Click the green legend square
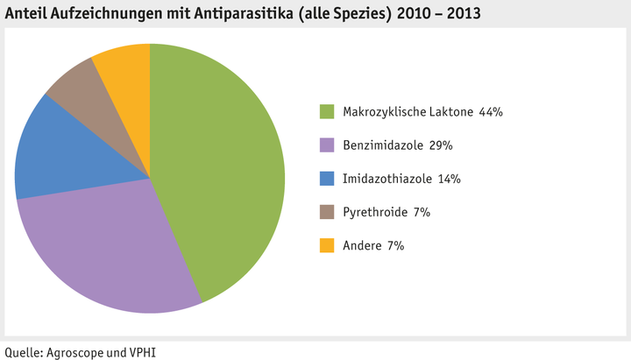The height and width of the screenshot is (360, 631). pyautogui.click(x=327, y=111)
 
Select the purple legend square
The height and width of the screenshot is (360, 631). pyautogui.click(x=327, y=145)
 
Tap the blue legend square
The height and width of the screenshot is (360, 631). pyautogui.click(x=327, y=179)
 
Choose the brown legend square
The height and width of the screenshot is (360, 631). pyautogui.click(x=327, y=213)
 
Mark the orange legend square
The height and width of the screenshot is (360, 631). pyautogui.click(x=327, y=246)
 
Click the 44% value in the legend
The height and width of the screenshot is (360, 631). pyautogui.click(x=490, y=112)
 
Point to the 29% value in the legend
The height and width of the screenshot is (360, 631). pyautogui.click(x=441, y=145)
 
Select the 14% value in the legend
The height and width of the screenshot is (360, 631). pyautogui.click(x=449, y=180)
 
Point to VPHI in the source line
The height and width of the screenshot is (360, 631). pyautogui.click(x=143, y=351)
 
